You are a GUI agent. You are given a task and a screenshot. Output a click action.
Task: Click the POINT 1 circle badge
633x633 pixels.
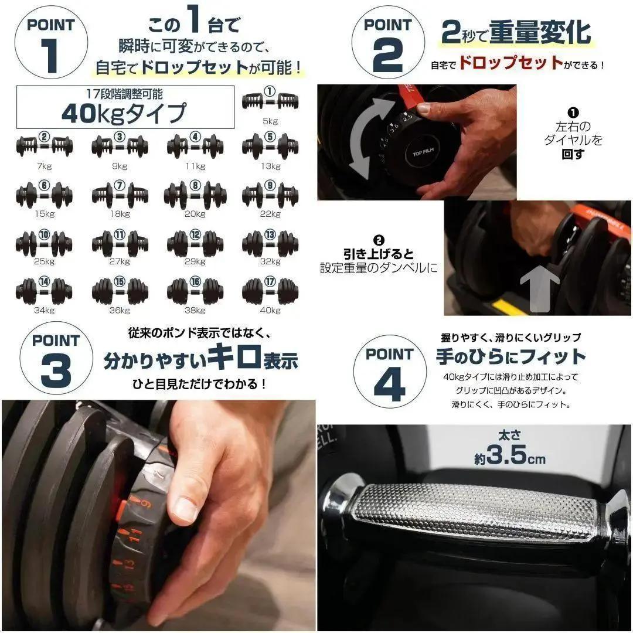click(x=52, y=44)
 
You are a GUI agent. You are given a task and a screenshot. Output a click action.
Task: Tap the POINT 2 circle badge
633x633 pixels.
click(x=387, y=45)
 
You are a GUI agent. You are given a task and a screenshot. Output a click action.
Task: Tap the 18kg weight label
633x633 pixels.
click(x=120, y=214)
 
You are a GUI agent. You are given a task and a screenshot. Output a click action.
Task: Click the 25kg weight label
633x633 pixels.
click(x=44, y=261)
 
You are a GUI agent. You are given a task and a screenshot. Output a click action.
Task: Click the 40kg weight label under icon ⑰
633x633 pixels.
click(x=270, y=310)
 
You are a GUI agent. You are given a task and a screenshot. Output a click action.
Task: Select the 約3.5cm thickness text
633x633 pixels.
click(x=509, y=455)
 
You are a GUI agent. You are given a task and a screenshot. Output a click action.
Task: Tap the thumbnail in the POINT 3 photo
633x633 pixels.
click(x=186, y=509)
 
